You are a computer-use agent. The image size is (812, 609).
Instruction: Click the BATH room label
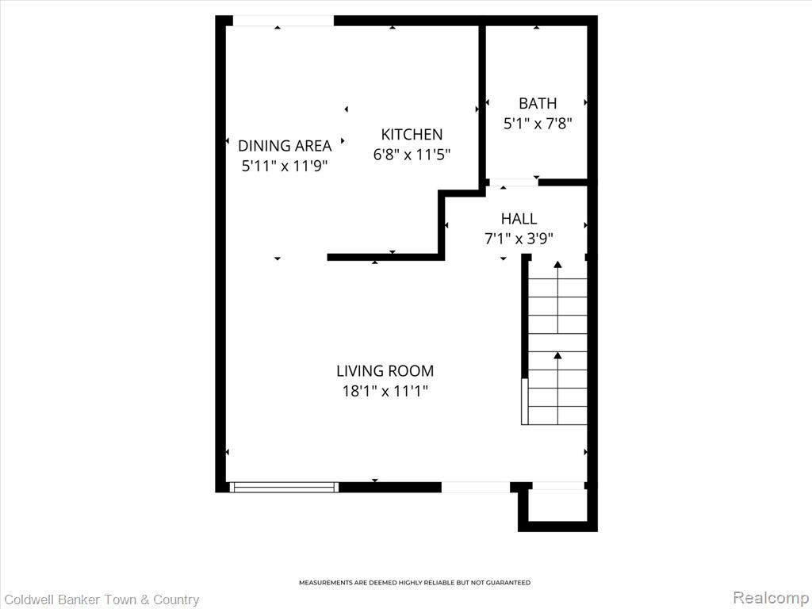tap(538, 104)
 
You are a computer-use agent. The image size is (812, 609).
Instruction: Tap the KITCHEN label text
tap(412, 135)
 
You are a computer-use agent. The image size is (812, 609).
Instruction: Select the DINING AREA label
tap(285, 146)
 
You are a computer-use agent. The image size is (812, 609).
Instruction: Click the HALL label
tap(519, 219)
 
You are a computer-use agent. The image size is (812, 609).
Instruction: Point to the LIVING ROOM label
tap(385, 371)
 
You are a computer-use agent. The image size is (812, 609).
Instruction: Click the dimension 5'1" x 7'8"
tap(538, 124)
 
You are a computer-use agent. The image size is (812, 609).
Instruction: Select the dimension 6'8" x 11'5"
tap(412, 155)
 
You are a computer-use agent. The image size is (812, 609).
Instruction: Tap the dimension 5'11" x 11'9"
tap(285, 166)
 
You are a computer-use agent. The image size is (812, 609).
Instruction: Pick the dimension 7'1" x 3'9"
tap(519, 239)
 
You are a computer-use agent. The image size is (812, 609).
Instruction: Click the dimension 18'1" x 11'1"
tap(385, 391)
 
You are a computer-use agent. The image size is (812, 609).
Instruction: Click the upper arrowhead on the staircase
tap(557, 265)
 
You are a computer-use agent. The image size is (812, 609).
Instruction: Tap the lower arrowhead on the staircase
tap(557, 355)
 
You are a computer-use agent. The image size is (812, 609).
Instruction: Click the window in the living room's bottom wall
tap(284, 487)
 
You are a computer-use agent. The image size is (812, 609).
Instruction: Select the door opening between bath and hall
tap(513, 182)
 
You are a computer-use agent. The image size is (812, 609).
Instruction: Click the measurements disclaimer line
tap(415, 583)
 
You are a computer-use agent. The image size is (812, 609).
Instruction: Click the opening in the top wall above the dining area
tap(283, 21)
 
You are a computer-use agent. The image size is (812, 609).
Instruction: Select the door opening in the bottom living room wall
tap(476, 487)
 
